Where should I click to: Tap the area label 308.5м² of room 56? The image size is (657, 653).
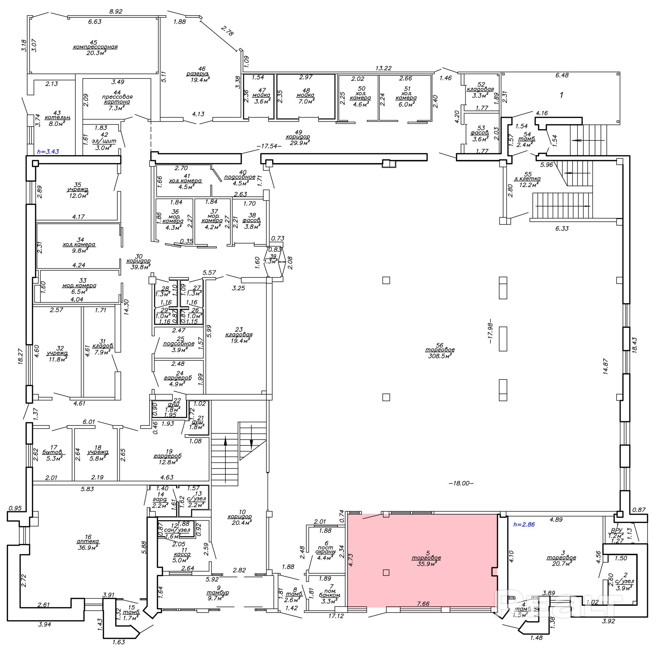[440, 356]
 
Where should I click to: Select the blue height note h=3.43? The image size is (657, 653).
[48, 152]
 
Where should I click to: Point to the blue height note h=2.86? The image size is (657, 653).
[524, 525]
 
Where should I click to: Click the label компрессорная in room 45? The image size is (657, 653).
[95, 47]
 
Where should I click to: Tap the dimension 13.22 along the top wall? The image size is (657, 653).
[383, 68]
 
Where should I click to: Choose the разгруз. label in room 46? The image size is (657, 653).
[197, 74]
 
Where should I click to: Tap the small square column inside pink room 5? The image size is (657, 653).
[386, 572]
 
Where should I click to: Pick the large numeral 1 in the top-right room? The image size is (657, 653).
[561, 95]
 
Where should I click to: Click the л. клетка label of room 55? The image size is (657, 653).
[527, 179]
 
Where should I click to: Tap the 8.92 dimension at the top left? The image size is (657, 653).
[116, 12]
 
